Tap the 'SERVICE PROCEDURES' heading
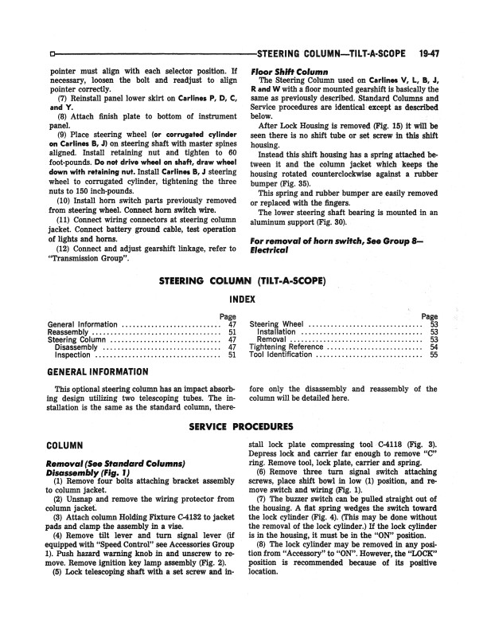tap(242, 426)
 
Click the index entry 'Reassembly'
tap(69, 332)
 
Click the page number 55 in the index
tap(433, 355)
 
